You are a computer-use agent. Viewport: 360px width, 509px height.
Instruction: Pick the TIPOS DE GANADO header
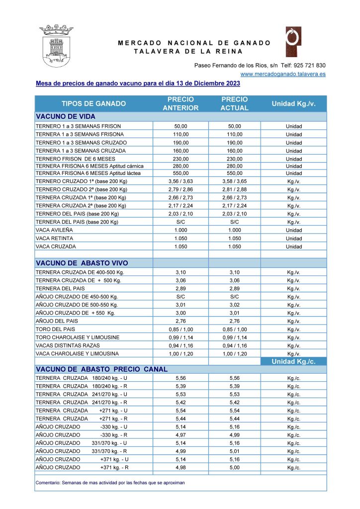(x=93, y=103)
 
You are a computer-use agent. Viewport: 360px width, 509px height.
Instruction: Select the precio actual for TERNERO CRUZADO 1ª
(x=234, y=181)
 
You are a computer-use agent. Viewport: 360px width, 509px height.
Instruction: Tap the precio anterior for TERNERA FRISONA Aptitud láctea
(x=180, y=173)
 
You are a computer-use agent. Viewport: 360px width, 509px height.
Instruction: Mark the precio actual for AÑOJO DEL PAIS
(x=234, y=321)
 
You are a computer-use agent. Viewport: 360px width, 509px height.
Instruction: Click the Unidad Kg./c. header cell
(x=293, y=361)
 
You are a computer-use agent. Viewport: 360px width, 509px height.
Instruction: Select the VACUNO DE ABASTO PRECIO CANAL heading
(x=101, y=369)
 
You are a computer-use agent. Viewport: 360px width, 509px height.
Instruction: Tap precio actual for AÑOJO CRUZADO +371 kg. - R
(x=234, y=468)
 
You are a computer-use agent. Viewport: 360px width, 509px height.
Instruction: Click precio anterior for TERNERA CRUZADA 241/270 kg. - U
(x=180, y=394)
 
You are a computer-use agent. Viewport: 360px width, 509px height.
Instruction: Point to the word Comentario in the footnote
(x=49, y=483)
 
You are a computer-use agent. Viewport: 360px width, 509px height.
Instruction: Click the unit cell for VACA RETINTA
(x=293, y=239)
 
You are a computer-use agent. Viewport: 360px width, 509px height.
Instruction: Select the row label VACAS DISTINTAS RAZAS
(x=68, y=345)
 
